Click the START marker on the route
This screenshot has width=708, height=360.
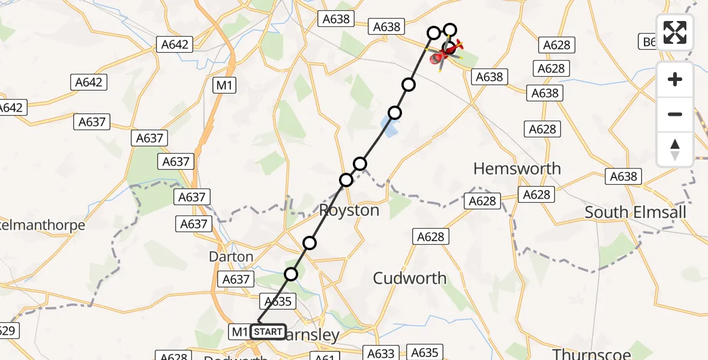268,331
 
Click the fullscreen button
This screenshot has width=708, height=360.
675,32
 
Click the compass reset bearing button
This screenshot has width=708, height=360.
675,149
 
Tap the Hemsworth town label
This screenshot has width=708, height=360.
517,169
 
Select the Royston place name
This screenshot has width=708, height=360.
349,211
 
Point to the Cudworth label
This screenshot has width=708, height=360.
410,278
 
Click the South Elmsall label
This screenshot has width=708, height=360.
635,212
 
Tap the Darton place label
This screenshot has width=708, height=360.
231,257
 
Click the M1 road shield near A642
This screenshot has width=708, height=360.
224,86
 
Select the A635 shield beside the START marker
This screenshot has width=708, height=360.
278,301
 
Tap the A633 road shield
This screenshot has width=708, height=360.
382,353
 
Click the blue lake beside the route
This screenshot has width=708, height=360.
389,126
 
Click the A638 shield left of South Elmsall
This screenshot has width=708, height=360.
625,176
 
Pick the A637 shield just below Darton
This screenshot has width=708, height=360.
236,279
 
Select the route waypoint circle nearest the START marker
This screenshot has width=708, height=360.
291,274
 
